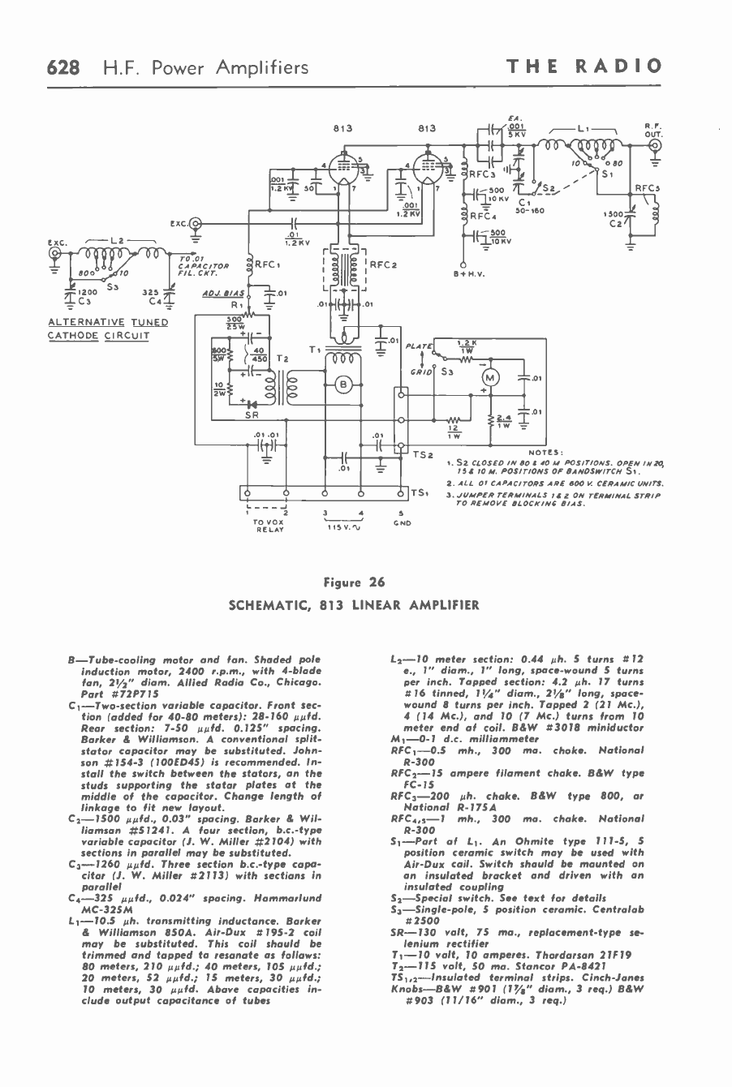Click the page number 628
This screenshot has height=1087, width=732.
pos(62,67)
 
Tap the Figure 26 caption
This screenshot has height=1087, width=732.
pos(354,582)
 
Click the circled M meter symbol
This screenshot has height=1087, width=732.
pos(491,377)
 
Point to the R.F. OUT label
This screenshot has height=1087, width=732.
pos(653,129)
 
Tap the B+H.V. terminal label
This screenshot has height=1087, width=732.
pos(469,273)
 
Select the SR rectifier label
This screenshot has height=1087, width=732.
pos(252,414)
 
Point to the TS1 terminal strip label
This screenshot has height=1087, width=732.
pos(419,492)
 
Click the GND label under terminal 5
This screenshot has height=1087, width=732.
pos(403,523)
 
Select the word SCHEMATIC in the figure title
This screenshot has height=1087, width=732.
pos(267,604)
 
